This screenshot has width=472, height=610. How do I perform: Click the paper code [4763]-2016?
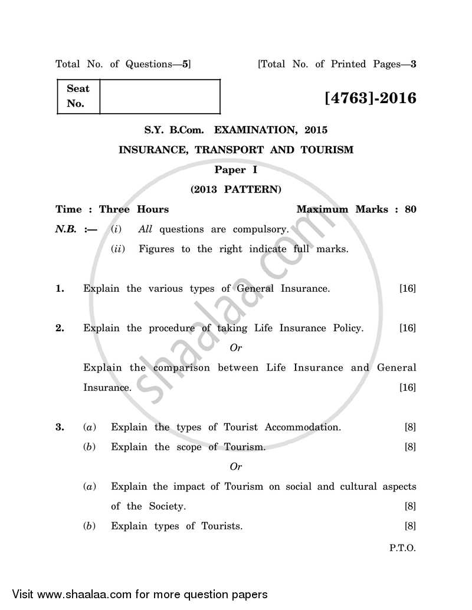click(370, 97)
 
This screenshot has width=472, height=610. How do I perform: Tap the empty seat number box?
click(160, 97)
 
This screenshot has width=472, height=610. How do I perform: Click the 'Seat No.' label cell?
click(78, 96)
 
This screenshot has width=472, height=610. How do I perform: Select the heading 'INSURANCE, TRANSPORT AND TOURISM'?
click(236, 150)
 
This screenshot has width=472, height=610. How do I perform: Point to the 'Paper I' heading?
click(235, 170)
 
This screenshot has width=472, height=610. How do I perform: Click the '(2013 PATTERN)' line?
click(235, 189)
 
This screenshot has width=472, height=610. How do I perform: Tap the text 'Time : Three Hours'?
click(112, 209)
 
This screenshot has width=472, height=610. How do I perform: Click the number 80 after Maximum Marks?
click(410, 209)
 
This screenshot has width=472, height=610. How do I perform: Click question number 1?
click(60, 289)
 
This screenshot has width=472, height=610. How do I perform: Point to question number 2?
click(60, 328)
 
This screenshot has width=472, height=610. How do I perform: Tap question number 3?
click(60, 427)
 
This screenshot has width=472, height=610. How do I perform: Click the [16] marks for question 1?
click(407, 289)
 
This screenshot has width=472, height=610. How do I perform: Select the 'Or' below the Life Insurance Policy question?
click(235, 348)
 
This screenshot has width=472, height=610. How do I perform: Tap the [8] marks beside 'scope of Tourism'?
click(410, 447)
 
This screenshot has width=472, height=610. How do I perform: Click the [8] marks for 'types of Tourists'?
click(410, 526)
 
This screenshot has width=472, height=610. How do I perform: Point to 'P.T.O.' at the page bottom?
click(402, 548)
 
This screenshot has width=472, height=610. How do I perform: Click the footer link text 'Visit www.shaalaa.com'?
click(71, 594)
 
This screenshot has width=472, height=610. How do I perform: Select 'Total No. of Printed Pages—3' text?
click(337, 64)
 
